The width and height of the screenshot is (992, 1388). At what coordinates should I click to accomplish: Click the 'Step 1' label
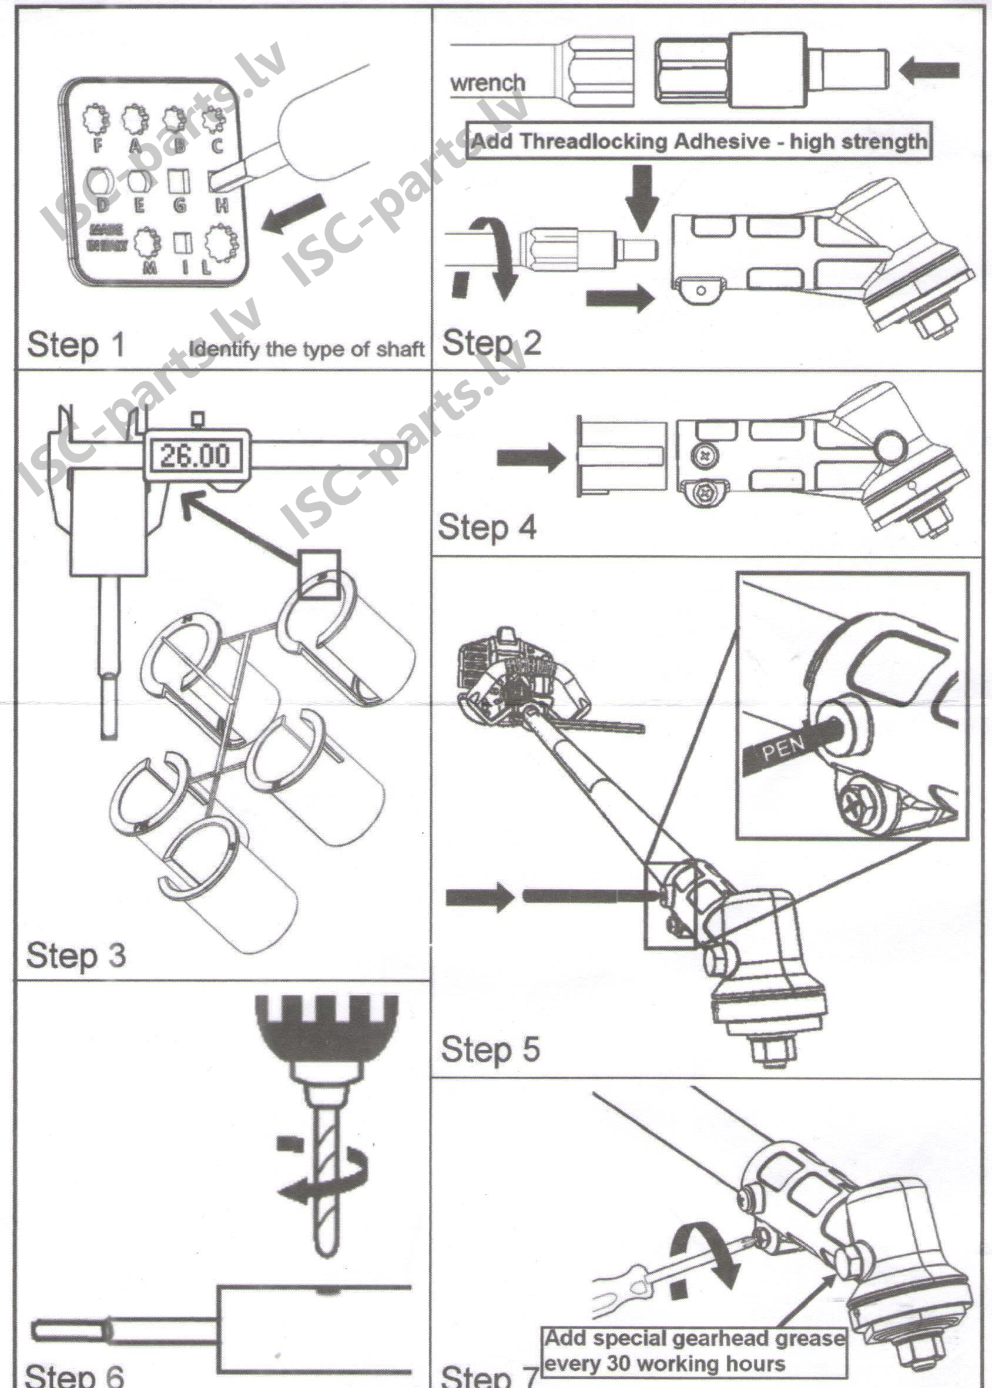[x=76, y=344]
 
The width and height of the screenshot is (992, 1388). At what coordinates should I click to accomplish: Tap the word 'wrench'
[x=487, y=82]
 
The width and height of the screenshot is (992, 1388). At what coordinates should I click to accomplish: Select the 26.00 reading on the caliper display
[x=195, y=455]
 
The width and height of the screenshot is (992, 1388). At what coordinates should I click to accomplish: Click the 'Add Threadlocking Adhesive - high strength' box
[x=699, y=142]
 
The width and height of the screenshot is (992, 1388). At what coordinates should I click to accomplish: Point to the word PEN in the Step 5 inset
[x=783, y=746]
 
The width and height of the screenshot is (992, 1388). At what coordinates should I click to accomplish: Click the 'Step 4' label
[x=487, y=527]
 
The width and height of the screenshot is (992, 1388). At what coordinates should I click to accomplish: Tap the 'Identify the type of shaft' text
[x=306, y=349]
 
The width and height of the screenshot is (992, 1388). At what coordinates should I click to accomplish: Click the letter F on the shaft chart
[x=98, y=145]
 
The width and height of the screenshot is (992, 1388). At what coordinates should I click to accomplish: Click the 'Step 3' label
[x=76, y=955]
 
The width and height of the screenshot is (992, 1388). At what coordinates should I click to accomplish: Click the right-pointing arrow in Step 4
[x=530, y=457]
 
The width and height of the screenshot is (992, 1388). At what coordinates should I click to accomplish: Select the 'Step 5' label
[x=491, y=1049]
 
